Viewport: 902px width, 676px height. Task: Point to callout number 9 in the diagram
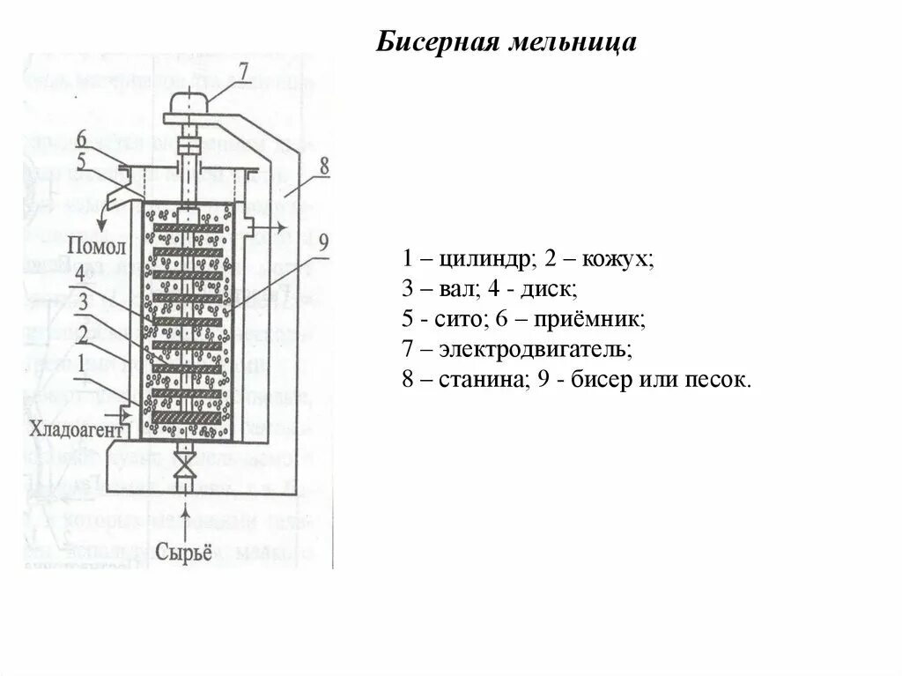point(323,241)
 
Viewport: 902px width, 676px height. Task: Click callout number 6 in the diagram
point(81,138)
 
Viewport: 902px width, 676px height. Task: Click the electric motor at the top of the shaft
point(189,105)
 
